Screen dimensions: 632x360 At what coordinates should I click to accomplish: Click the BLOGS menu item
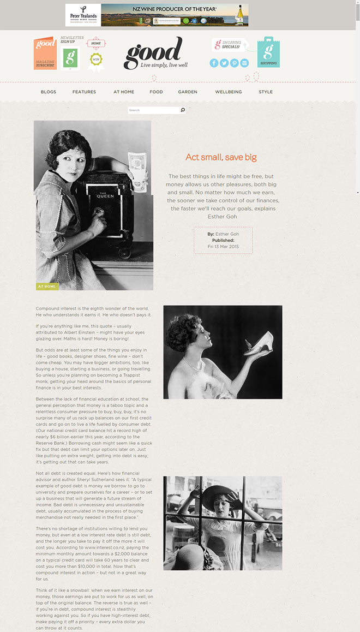[x=49, y=92]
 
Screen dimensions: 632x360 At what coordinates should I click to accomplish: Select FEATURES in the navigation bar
[x=84, y=92]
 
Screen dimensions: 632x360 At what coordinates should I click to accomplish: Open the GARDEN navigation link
[x=188, y=92]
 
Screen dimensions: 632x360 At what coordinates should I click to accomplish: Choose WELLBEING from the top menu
[x=229, y=92]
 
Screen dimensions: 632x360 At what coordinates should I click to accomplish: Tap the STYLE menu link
[x=266, y=92]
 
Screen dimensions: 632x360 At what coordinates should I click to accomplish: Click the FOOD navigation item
[x=156, y=92]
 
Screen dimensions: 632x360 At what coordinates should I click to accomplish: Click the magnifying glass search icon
[x=183, y=110]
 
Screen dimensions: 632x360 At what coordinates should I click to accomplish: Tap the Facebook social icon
[x=214, y=63]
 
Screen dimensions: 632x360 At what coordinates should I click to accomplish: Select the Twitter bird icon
[x=224, y=63]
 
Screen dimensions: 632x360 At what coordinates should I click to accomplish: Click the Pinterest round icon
[x=235, y=63]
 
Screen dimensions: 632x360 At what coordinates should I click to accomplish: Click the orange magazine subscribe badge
[x=45, y=53]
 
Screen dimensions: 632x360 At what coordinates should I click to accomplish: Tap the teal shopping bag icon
[x=268, y=52]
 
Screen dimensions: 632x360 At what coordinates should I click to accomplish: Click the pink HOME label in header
[x=96, y=43]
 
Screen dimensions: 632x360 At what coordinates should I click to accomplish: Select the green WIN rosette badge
[x=96, y=59]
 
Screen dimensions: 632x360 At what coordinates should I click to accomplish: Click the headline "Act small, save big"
[x=221, y=157]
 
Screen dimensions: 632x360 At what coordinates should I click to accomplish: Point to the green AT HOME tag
[x=47, y=286]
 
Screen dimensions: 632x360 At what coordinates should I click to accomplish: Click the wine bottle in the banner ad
[x=239, y=15]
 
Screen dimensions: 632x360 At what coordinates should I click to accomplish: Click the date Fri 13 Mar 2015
[x=223, y=247]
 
